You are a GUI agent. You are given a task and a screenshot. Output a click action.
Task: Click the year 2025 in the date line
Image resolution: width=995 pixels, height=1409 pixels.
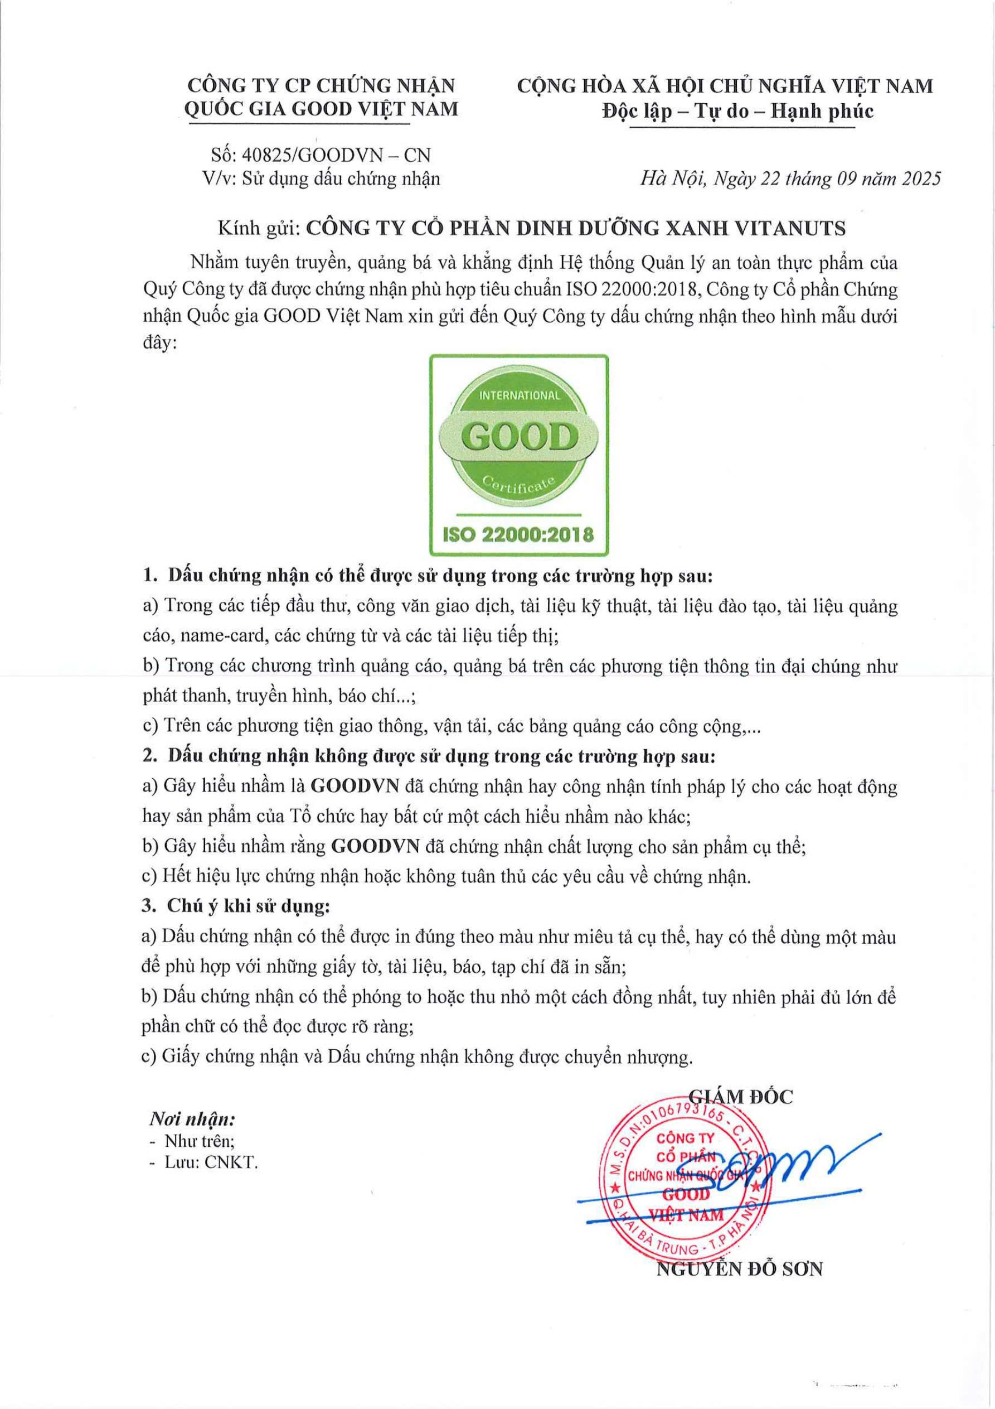point(918,178)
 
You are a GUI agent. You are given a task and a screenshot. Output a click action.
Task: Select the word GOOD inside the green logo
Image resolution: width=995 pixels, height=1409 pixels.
point(519,437)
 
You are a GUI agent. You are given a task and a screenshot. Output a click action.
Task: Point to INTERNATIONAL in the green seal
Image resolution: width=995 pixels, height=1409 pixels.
point(520,396)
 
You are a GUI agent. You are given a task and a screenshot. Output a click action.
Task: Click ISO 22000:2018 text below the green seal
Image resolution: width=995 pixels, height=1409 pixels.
point(518,534)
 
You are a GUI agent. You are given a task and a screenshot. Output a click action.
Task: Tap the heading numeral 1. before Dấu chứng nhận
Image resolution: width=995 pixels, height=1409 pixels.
point(151,576)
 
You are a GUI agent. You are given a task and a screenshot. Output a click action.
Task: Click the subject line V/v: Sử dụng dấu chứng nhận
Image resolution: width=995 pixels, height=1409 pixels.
point(321,178)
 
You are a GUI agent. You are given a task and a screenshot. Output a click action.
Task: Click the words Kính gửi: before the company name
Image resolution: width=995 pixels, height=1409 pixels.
point(258,228)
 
